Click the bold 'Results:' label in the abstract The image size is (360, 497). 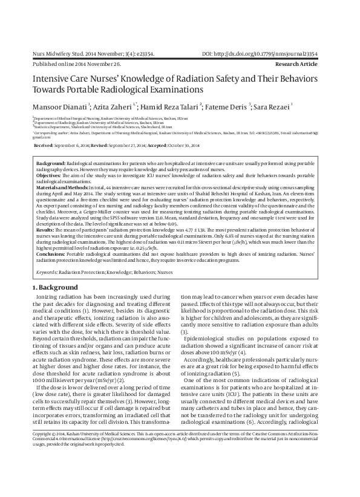pyautogui.click(x=45, y=230)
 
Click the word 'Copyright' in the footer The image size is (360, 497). pyautogui.click(x=44, y=468)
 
